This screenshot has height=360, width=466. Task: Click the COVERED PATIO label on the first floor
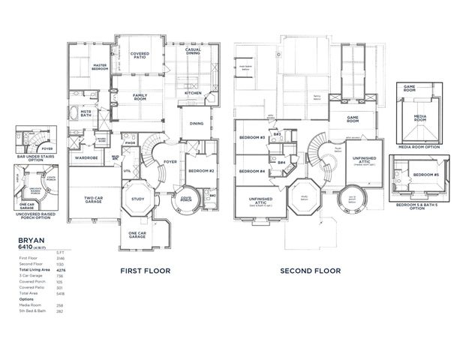tap(139, 55)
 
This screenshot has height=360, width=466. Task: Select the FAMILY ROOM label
tap(140, 96)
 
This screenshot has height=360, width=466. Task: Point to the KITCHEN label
tap(194, 93)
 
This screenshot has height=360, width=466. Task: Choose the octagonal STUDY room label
tap(137, 199)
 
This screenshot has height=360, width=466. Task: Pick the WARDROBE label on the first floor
tap(89, 158)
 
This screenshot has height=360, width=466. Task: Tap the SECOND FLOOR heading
tap(311, 270)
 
